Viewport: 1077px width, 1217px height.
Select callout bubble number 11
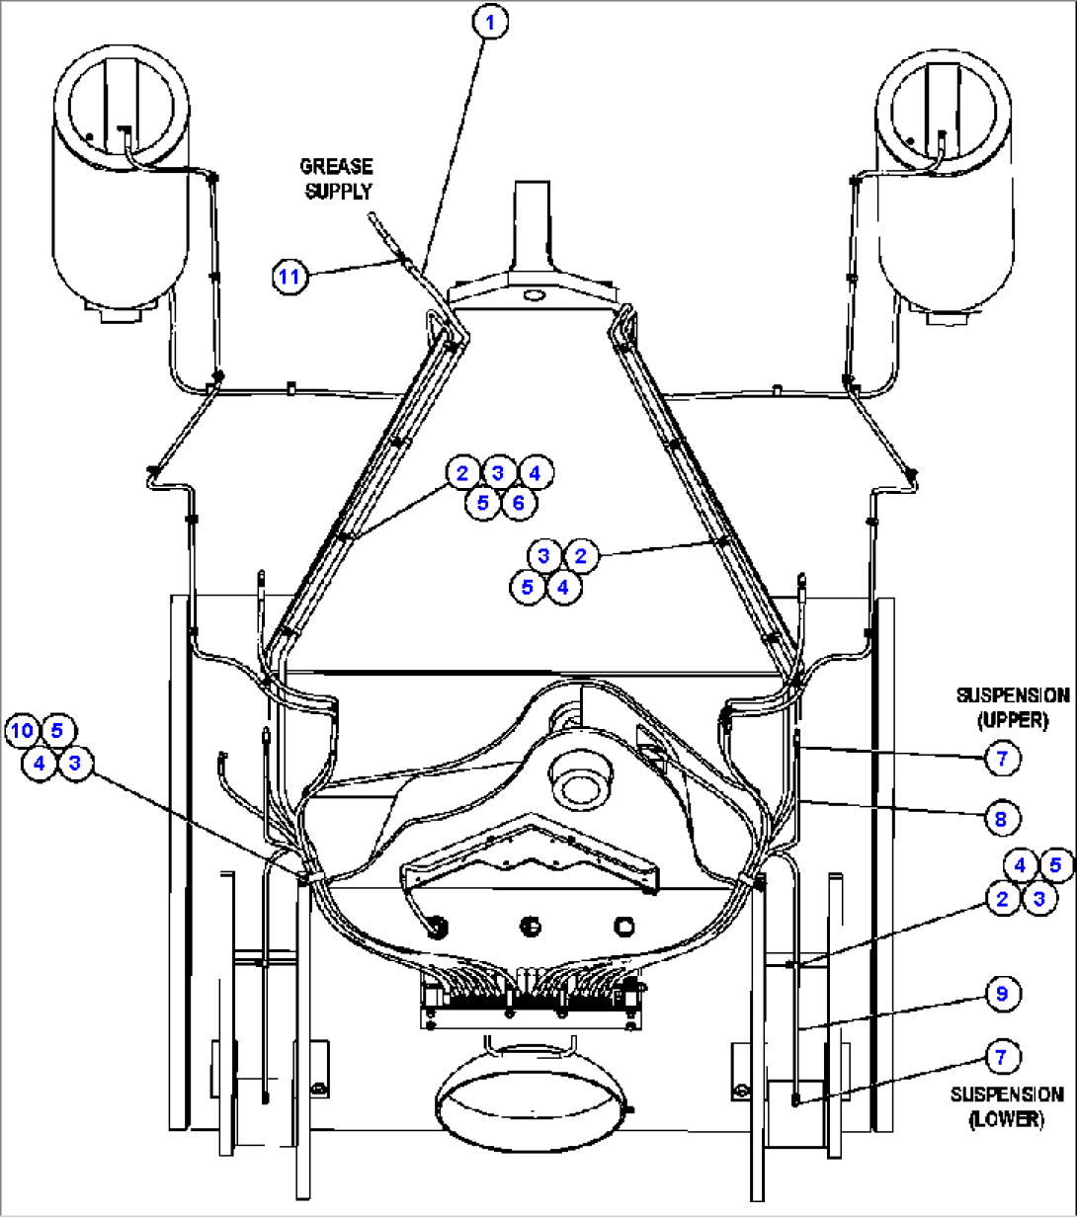click(289, 277)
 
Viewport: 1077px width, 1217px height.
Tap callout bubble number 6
click(518, 503)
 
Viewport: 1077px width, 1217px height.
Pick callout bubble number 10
click(23, 731)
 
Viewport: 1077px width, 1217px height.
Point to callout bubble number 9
click(1001, 994)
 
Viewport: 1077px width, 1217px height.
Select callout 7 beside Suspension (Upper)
click(1001, 758)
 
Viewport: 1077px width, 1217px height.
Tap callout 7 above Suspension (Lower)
click(1001, 1057)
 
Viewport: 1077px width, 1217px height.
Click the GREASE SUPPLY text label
click(337, 178)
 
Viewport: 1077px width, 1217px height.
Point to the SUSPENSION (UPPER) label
click(1012, 707)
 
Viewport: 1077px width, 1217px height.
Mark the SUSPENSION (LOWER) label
click(1007, 1106)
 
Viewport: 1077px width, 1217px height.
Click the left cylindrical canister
click(121, 178)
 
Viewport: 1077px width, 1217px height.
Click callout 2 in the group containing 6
click(461, 472)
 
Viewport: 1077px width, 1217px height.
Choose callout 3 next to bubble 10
click(74, 764)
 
